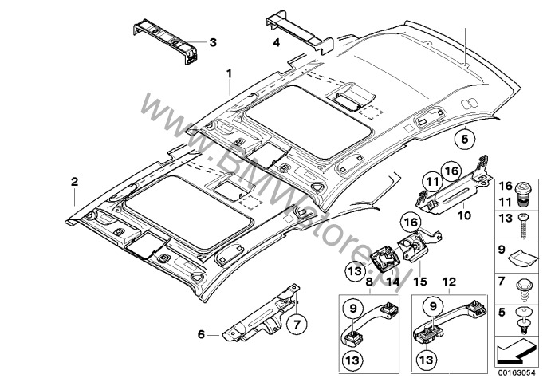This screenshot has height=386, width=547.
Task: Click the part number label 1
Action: [x=229, y=74]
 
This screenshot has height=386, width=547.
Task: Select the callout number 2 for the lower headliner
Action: [x=73, y=182]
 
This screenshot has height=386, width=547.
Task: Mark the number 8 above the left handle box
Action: [x=368, y=282]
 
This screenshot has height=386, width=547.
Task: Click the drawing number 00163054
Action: [x=519, y=371]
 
